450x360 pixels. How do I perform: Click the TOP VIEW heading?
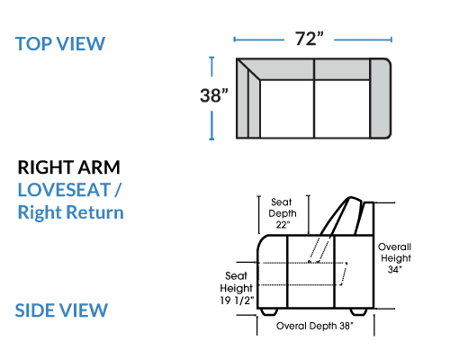coord(60,44)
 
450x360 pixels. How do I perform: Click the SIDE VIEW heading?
coord(61,310)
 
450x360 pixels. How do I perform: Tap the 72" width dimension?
coord(310,39)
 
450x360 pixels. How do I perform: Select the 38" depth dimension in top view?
coord(214,95)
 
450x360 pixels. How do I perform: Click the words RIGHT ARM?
coord(69,167)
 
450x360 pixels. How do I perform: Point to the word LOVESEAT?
coord(64,190)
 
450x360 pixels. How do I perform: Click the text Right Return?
coord(71,212)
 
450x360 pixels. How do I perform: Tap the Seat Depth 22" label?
coord(283,213)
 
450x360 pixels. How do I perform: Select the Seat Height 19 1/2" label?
coord(237,288)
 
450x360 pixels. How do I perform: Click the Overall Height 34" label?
coord(395,258)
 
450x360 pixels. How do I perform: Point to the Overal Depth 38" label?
coord(315,326)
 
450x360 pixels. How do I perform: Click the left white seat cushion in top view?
coord(287,109)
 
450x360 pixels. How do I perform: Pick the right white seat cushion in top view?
coord(342,109)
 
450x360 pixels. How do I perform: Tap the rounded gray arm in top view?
coord(380,98)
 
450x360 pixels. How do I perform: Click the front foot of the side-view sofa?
coord(269,311)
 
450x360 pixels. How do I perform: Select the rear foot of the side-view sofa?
coord(359,311)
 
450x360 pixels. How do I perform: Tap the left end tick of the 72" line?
coord(235,40)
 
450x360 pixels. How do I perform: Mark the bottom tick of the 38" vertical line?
coord(211,139)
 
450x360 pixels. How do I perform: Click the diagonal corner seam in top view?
coord(248,69)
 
